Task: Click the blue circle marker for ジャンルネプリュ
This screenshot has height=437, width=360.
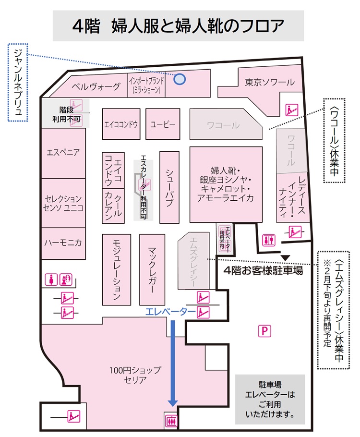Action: (180, 79)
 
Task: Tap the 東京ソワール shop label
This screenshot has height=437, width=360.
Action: (269, 82)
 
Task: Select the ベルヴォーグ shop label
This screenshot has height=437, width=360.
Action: (96, 86)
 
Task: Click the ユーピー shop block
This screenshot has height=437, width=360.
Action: (163, 124)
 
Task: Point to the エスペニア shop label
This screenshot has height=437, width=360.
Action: (63, 152)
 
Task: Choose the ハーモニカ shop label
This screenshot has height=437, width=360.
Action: (63, 243)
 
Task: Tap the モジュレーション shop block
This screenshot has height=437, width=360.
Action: (116, 269)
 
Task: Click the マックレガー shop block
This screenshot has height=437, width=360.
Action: (152, 269)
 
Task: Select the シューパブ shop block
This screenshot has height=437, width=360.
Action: (169, 187)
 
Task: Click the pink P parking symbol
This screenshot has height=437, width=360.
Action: (264, 331)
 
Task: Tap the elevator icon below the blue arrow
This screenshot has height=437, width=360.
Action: (171, 421)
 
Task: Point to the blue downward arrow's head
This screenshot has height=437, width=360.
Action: (173, 402)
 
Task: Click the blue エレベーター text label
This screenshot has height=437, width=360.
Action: (170, 312)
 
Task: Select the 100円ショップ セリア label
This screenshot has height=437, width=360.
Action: (135, 375)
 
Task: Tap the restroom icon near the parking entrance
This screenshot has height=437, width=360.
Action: (269, 240)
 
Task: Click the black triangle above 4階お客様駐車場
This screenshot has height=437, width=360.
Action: (285, 258)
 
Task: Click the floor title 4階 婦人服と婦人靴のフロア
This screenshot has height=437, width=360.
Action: (178, 26)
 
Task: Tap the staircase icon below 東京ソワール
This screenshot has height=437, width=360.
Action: (292, 109)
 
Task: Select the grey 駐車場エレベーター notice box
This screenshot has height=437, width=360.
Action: (270, 400)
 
